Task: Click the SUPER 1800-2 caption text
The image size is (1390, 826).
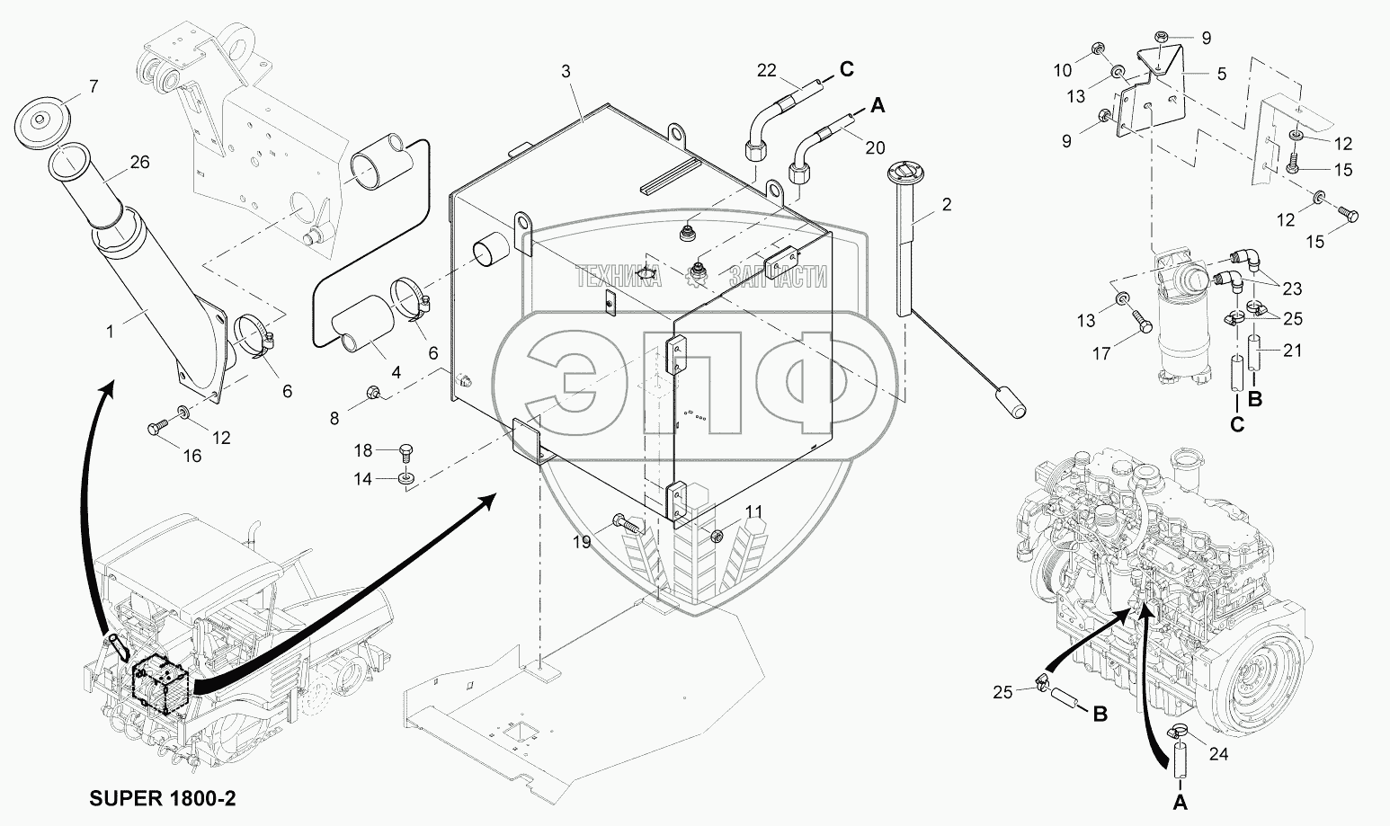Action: coord(164,797)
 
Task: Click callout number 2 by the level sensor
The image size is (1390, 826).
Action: coord(945,204)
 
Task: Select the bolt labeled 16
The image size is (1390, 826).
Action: coord(156,430)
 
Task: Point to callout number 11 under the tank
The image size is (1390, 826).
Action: coord(753,512)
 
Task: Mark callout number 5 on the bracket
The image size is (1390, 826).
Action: coord(1221,74)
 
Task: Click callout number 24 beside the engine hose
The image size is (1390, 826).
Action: coord(1217,754)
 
